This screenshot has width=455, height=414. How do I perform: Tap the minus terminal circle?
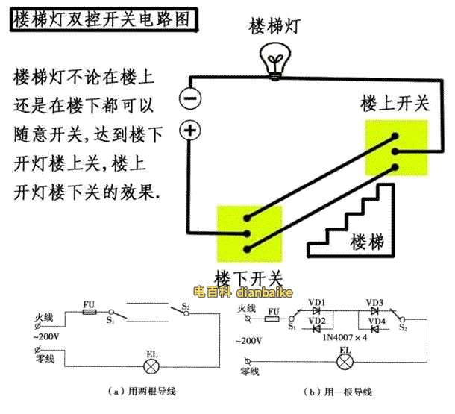point(191,98)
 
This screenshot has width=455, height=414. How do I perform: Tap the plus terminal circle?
point(191,131)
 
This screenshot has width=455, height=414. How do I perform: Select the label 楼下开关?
point(248,277)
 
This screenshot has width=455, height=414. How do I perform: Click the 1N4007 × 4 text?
point(343,337)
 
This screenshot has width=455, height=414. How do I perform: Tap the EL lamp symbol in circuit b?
point(345,363)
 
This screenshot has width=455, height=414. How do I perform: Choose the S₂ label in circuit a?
point(186,306)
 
